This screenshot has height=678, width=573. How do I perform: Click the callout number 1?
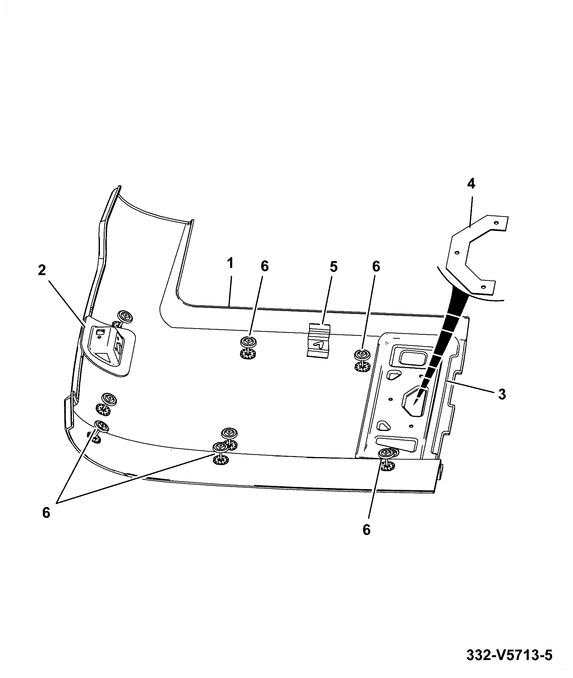[230, 264]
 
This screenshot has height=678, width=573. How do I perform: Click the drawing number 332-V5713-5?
[509, 656]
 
